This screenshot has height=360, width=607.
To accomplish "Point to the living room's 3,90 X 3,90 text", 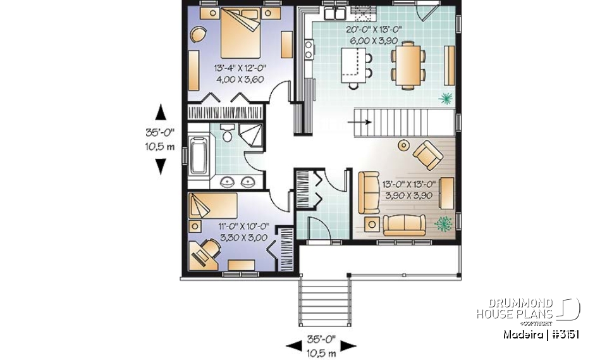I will click(408, 196).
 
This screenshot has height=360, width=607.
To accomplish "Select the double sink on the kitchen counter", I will click(333, 13).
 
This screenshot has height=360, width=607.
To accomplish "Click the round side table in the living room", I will click(403, 146).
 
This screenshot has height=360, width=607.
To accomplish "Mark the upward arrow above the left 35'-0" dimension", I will click(161, 113).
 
